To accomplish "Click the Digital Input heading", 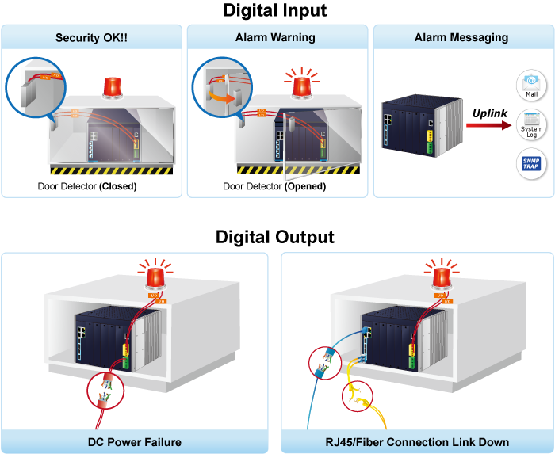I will click(274, 10).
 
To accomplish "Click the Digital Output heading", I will click(274, 237).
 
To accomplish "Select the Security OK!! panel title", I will click(91, 37).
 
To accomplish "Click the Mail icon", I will click(530, 85).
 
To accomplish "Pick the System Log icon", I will click(530, 124).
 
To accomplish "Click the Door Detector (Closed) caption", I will click(87, 187).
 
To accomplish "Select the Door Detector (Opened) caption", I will click(274, 187).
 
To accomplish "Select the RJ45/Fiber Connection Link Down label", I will click(416, 441).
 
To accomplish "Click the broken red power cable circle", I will click(105, 390).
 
